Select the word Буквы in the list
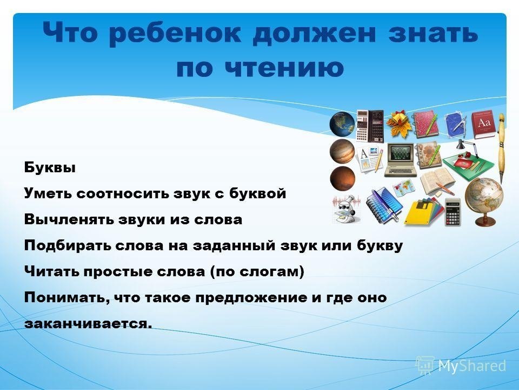click(x=50, y=167)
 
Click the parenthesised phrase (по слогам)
click(x=257, y=272)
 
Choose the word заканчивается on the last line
click(x=88, y=324)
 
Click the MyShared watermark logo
click(x=461, y=366)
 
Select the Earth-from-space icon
click(x=342, y=123)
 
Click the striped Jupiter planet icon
click(x=342, y=151)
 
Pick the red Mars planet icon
click(x=342, y=179)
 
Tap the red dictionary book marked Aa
click(x=484, y=125)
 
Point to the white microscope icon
click(x=347, y=210)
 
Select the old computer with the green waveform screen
click(x=401, y=159)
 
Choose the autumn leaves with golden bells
click(x=399, y=124)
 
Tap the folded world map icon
click(x=404, y=187)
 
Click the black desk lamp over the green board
click(x=464, y=145)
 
